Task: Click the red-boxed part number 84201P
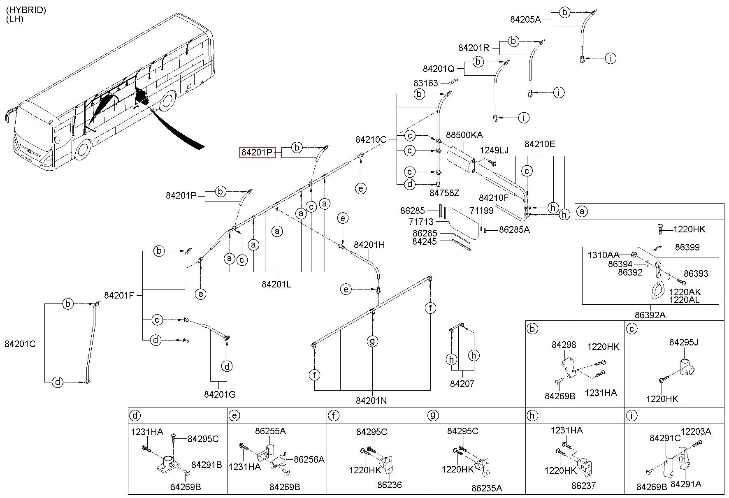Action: [258, 153]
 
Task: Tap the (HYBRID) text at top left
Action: [26, 10]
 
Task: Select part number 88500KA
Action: [464, 135]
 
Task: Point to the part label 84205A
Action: [525, 19]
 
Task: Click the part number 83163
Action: [426, 83]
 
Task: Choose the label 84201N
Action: [371, 400]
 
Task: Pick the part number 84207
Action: [462, 384]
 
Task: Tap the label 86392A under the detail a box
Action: [650, 315]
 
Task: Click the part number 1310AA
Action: [603, 255]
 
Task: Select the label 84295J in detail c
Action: [684, 342]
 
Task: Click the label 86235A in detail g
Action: [487, 488]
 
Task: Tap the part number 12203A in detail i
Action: [696, 431]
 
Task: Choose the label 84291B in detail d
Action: [207, 465]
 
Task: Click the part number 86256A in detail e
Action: [309, 459]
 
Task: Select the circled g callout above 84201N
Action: [372, 341]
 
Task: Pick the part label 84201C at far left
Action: [20, 344]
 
